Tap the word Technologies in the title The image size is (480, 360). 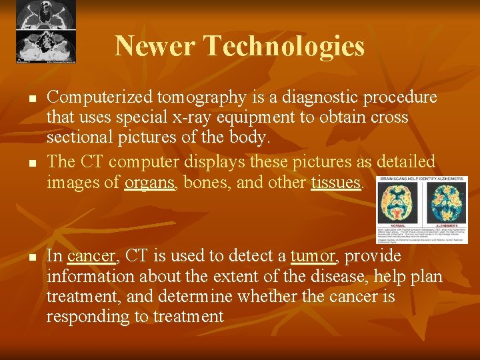[284, 47]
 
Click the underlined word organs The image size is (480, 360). [149, 182]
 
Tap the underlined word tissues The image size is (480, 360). [336, 182]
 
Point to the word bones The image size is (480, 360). [204, 182]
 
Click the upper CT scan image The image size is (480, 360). [46, 14]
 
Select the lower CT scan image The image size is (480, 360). [46, 45]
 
